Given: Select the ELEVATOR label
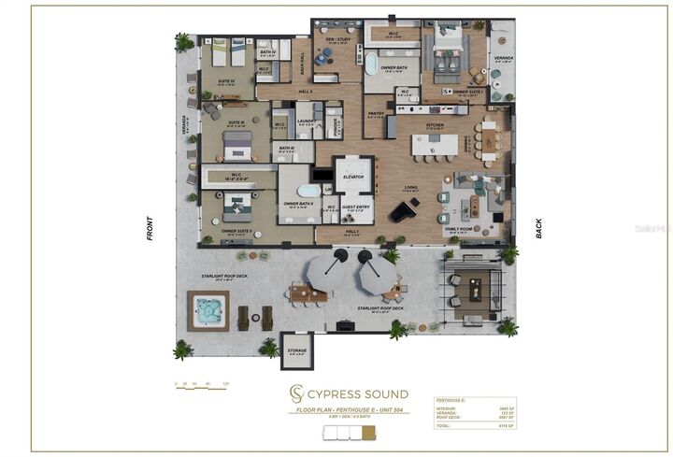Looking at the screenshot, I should click(353, 177).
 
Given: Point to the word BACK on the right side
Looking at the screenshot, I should click(538, 229).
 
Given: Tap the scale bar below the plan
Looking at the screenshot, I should click(202, 384).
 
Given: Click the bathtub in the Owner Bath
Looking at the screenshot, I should click(372, 64).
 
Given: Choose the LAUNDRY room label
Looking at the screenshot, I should click(304, 121).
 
